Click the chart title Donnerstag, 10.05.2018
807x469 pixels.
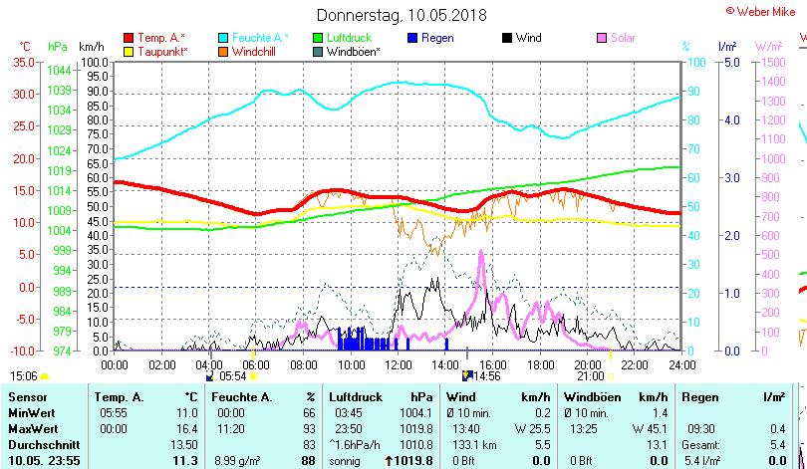pos(403,15)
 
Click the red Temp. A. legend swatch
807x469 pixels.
pos(129,38)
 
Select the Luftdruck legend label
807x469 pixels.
pos(350,38)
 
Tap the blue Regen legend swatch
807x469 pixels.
pos(413,38)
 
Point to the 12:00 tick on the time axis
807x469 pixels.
pos(397,365)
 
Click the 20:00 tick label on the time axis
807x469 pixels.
pos(587,365)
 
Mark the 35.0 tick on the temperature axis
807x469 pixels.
pos(20,62)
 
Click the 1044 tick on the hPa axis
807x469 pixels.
pos(59,71)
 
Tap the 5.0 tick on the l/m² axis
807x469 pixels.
pos(727,62)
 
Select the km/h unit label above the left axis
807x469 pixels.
pos(91,47)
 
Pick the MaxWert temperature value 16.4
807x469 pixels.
pos(185,427)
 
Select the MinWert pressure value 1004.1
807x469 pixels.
pos(414,412)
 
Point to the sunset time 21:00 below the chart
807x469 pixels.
pos(590,375)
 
